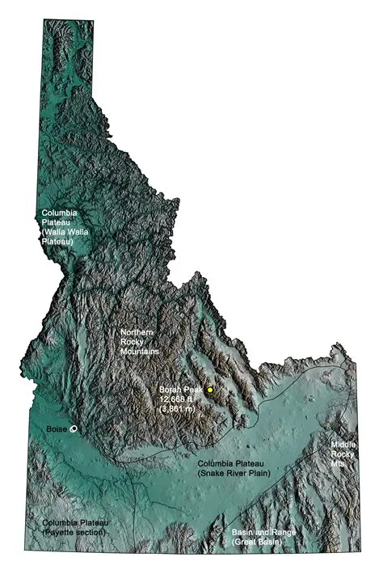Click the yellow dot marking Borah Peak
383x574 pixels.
(210, 390)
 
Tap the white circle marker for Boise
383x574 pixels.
(74, 429)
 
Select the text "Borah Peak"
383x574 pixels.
(177, 390)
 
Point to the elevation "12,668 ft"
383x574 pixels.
(177, 399)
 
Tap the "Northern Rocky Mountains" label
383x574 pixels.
(139, 342)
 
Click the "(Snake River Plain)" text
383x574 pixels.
(233, 473)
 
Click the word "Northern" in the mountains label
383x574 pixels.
(137, 332)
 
